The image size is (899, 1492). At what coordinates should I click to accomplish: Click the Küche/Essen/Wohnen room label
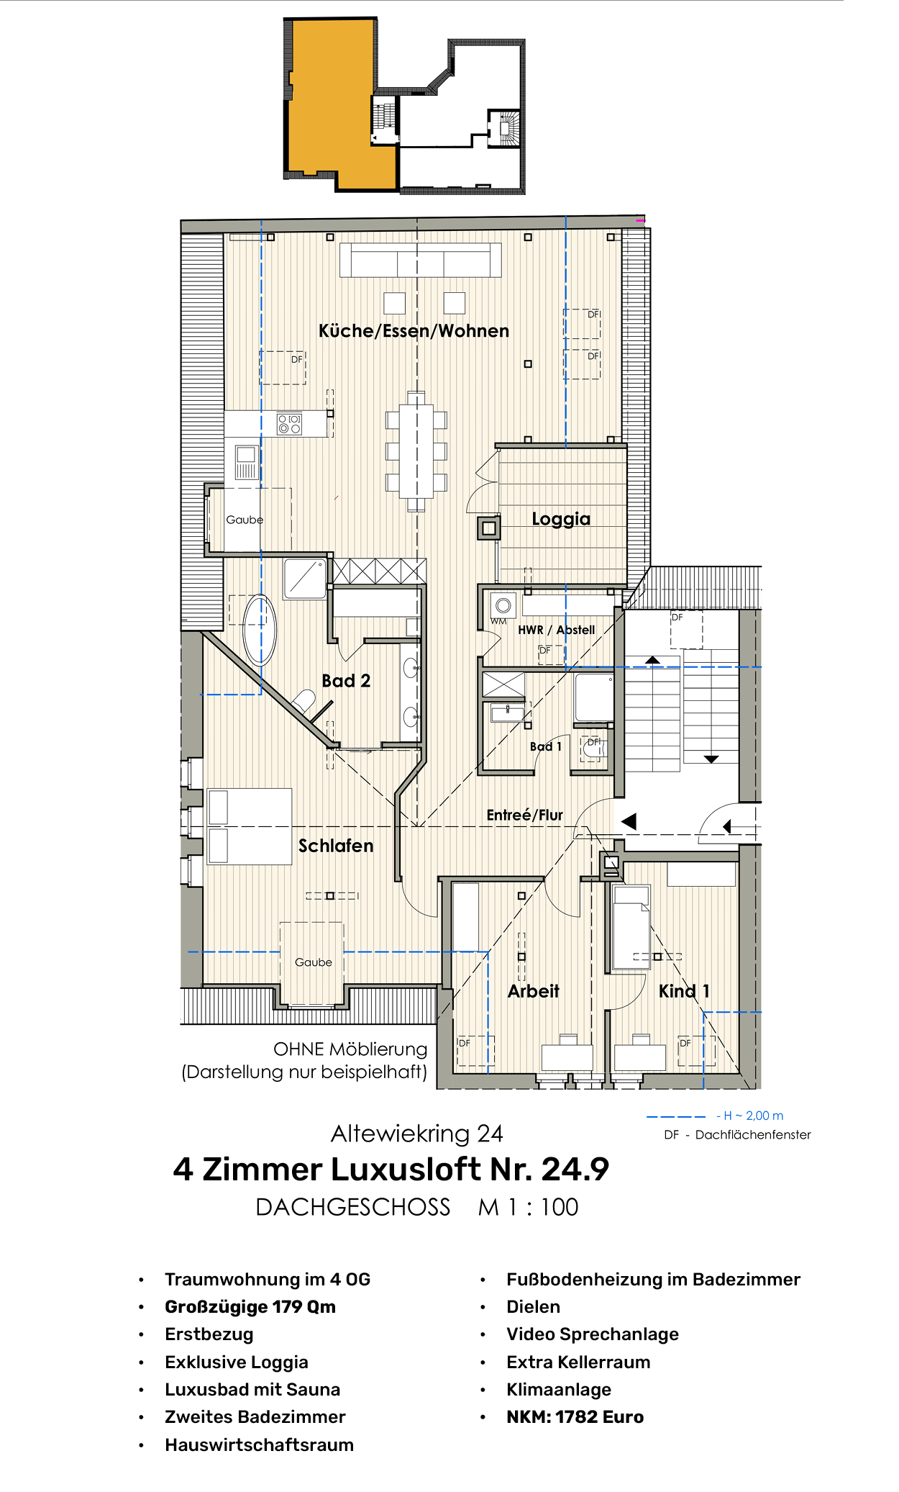414,331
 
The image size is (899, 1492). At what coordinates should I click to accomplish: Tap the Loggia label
561,519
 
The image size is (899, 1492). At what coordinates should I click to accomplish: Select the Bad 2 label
346,681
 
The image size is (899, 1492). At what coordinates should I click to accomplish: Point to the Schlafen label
336,846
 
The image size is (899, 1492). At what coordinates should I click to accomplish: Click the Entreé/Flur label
524,815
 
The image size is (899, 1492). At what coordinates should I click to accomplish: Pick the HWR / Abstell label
556,630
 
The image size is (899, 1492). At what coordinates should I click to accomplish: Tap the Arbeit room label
533,991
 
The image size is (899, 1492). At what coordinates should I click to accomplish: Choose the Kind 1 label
684,991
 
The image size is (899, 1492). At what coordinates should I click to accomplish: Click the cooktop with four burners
290,424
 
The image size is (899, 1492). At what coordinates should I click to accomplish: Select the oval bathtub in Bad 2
260,630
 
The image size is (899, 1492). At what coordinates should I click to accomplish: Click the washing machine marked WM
503,605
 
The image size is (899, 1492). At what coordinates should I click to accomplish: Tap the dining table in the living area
416,451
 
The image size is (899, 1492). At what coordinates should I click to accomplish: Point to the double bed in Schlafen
249,826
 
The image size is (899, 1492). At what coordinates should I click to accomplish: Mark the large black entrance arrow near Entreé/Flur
629,821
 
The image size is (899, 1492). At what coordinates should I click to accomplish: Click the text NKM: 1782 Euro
575,1416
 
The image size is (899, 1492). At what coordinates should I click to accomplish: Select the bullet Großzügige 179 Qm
250,1306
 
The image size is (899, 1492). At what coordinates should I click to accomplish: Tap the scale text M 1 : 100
528,1207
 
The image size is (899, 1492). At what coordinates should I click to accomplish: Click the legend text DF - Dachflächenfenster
737,1135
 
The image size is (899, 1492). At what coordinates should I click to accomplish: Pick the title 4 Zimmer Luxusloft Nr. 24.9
391,1169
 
